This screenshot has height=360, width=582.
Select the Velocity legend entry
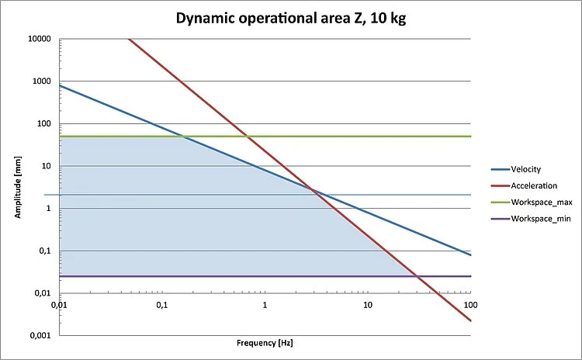coord(525,169)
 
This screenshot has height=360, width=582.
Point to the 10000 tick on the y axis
coord(40,39)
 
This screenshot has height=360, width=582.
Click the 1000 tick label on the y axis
coord(43,81)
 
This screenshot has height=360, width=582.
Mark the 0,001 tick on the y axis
coord(41,336)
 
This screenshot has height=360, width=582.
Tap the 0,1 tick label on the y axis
coord(45,251)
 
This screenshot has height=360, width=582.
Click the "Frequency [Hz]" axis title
coord(265,342)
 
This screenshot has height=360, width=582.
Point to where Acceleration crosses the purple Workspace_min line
coord(417,276)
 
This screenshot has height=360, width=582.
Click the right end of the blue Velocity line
coord(470,255)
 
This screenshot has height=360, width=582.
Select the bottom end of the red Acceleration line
coord(470,320)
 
